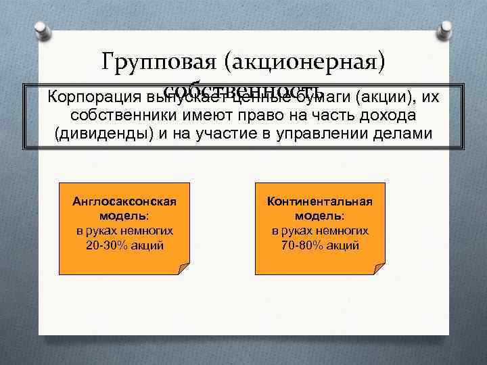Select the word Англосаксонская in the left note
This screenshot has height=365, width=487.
point(124,202)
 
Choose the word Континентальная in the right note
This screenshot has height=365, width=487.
point(320,202)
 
